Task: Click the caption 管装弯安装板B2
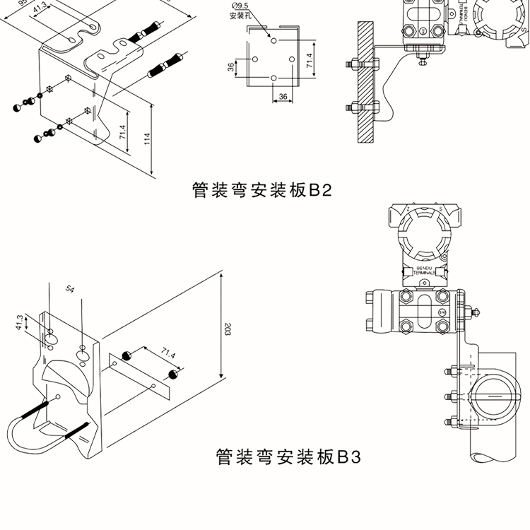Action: coord(261,191)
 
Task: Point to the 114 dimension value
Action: coord(147,139)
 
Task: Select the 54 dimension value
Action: coord(70,290)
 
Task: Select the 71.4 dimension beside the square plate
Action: coord(310,60)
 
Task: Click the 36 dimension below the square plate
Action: coord(282,96)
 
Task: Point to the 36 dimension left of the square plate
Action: coord(230,67)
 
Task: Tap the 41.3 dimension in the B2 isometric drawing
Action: coord(40,6)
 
